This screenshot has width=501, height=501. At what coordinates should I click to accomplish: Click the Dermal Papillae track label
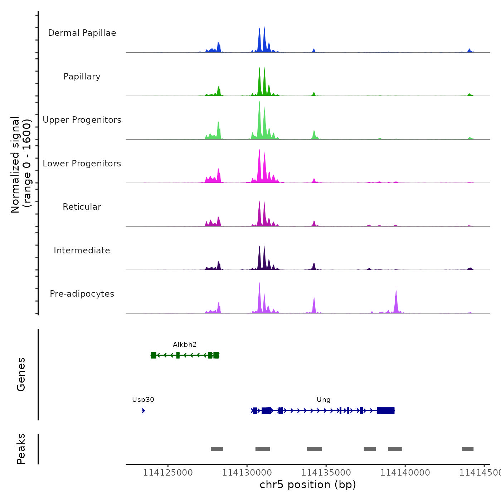(x=82, y=33)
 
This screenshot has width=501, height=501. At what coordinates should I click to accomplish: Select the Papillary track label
(x=82, y=77)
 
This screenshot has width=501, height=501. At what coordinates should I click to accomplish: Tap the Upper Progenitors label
(x=82, y=120)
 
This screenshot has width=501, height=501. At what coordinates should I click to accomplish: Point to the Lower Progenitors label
(x=82, y=164)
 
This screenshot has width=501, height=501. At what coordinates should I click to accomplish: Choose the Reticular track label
(x=82, y=207)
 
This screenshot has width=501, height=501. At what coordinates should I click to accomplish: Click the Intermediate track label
(x=82, y=250)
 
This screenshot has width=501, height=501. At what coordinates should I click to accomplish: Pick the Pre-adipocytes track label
(x=82, y=294)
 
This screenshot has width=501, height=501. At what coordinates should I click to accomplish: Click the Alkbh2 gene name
(x=185, y=345)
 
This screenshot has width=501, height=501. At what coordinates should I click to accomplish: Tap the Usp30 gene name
(x=143, y=400)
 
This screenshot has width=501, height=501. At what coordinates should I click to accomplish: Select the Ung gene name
(x=324, y=400)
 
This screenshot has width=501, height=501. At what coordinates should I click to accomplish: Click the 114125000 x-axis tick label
(x=168, y=473)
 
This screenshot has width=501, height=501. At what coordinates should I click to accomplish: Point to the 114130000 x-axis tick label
(x=247, y=473)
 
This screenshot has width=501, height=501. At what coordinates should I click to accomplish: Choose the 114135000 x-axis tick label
(x=326, y=473)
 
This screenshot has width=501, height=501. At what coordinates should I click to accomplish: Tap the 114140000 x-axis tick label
(x=405, y=473)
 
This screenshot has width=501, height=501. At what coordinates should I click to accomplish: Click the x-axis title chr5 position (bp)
(x=308, y=485)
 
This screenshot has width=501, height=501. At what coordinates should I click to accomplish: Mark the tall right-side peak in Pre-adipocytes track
(x=396, y=301)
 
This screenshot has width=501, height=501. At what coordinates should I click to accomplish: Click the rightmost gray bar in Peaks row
(x=468, y=449)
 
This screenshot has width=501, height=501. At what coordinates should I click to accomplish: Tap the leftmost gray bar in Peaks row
(x=217, y=449)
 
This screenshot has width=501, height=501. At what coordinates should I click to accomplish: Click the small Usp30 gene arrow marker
(x=144, y=410)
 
